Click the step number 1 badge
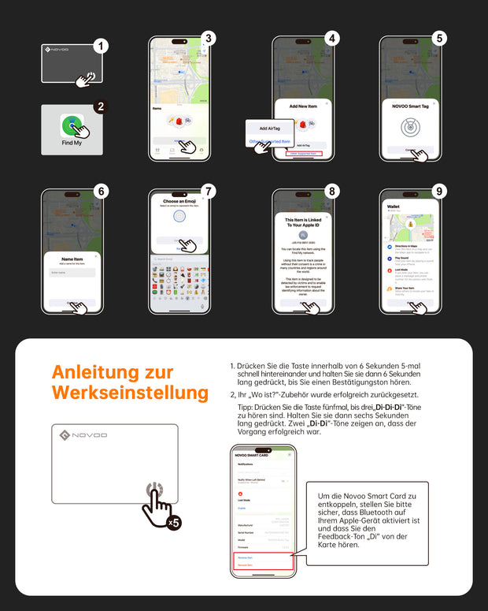[x=99, y=46]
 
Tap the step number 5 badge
[x=439, y=38]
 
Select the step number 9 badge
[x=439, y=192]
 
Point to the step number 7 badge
[x=208, y=192]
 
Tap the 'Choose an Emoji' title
[x=179, y=201]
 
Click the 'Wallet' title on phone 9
[x=394, y=207]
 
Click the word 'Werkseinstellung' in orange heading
[x=130, y=392]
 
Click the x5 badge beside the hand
[x=173, y=522]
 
